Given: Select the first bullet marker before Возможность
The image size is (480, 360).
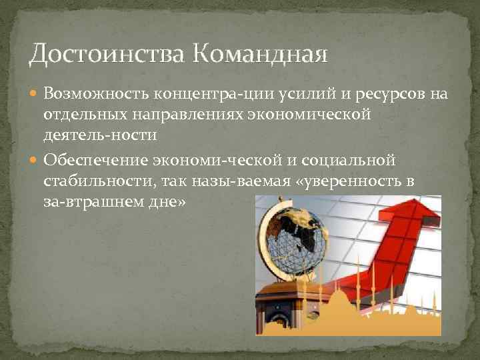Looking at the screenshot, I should click(x=35, y=94).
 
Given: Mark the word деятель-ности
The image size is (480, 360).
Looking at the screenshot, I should click(x=100, y=136).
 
